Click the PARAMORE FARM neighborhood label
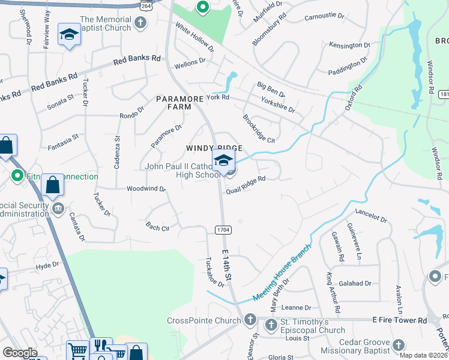tap(173, 102)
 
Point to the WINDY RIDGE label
tap(214, 148)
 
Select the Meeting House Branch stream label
tap(283, 273)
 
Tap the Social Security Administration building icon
tap(58, 208)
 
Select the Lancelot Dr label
tap(371, 215)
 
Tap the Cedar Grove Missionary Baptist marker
tap(399, 344)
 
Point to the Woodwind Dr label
tap(146, 188)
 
